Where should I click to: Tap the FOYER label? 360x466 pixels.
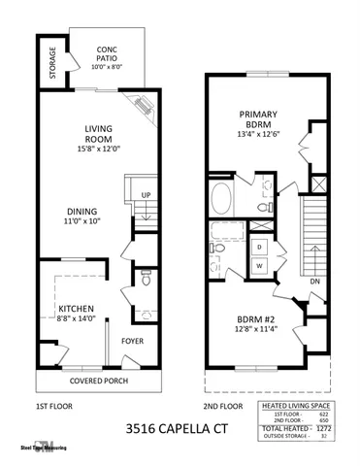click(131, 342)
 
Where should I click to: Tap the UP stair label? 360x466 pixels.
click(146, 194)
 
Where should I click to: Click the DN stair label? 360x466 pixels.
click(314, 283)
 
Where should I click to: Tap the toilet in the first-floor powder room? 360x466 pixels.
click(145, 280)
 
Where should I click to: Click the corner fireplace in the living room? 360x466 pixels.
click(143, 103)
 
